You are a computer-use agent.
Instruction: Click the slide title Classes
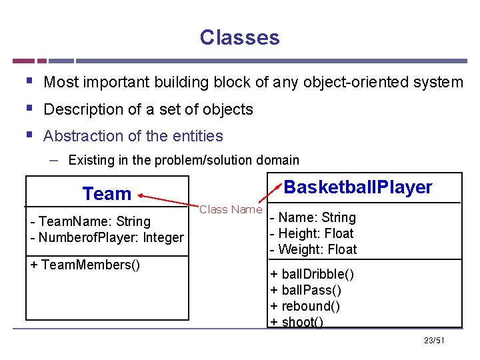point(239,37)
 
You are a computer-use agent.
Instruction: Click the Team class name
point(107,194)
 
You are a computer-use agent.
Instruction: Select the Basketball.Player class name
point(358,187)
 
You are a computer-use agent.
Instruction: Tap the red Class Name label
point(231,209)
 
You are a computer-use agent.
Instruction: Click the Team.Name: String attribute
point(91,221)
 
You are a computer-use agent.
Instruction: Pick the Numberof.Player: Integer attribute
point(107,237)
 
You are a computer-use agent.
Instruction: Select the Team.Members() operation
point(85,265)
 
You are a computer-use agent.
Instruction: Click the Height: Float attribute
point(311,233)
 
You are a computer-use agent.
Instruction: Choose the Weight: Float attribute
point(313,249)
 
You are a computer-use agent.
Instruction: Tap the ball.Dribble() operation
point(312,274)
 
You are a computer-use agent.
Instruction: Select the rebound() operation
point(305,306)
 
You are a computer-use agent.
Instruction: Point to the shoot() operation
point(297,322)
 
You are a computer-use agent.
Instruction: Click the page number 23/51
point(434,341)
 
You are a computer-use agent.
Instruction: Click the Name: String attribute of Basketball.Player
point(313,217)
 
